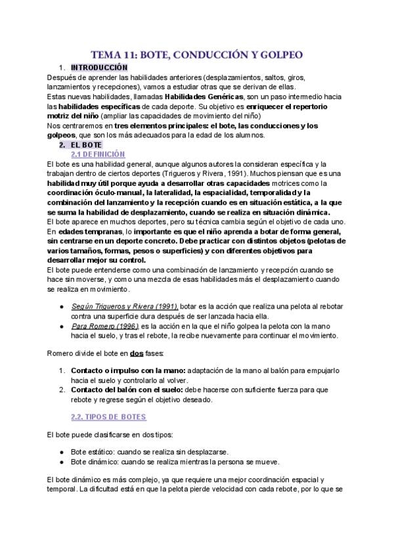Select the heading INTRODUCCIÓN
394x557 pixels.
[99, 68]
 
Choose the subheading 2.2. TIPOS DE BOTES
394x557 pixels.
[108, 417]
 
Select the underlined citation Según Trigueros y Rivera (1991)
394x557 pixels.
[124, 307]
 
